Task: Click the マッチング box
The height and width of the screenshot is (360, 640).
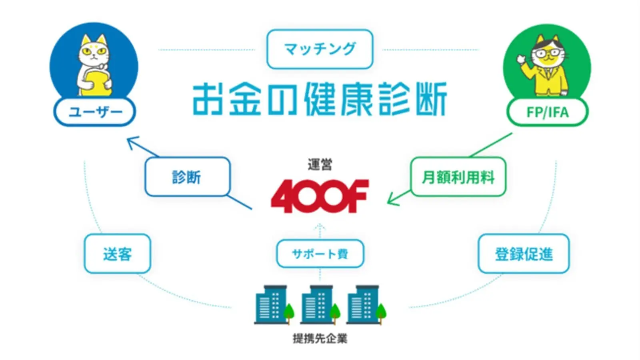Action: [x=320, y=49]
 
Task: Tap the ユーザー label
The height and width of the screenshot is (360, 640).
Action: [x=95, y=112]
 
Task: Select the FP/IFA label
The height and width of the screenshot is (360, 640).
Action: [x=547, y=112]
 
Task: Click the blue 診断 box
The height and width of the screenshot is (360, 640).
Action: [x=187, y=177]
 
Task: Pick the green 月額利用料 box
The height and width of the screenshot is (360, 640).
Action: [x=458, y=177]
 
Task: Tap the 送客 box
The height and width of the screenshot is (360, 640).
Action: [x=117, y=254]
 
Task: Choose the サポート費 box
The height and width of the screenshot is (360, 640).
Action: [x=320, y=254]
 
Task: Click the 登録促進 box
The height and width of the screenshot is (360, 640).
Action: [x=524, y=254]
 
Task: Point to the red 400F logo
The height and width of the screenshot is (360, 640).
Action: [x=320, y=196]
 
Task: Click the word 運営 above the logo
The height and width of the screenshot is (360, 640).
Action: [x=320, y=164]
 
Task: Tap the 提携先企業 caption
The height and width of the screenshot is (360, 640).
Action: [x=320, y=338]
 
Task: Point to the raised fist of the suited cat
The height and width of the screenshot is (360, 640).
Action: [x=520, y=59]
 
